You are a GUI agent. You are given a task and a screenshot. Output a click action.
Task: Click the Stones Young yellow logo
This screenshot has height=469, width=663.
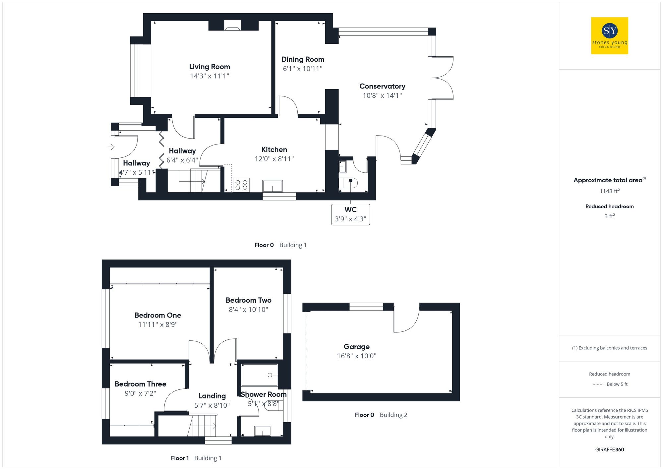609,36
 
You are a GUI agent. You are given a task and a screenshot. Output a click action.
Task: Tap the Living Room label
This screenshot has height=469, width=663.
210,67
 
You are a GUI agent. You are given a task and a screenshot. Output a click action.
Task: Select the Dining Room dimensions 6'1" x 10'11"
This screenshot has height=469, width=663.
302,69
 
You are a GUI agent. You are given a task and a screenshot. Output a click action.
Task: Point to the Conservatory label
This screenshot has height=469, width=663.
382,86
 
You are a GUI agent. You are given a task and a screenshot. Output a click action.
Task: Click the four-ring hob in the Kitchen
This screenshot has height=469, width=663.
241,185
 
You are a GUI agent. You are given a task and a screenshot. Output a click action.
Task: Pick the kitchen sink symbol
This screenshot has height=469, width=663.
272,186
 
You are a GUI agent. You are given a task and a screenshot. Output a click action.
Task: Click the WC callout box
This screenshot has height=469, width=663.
350,214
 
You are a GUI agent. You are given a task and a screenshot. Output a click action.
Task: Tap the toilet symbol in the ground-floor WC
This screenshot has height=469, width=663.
349,183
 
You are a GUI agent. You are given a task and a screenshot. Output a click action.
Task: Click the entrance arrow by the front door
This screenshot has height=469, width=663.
111,147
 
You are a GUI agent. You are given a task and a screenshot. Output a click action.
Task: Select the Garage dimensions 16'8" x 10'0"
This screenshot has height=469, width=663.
356,356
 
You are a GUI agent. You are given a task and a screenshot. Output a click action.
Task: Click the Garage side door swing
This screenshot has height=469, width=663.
406,320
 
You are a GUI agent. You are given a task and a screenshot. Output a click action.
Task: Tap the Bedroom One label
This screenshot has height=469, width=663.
158,315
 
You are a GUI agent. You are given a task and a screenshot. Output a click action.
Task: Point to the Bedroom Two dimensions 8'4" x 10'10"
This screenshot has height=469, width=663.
248,310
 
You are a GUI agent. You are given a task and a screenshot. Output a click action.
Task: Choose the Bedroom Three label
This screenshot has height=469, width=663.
140,384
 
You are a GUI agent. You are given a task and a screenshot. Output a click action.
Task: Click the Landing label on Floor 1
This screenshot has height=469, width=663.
212,396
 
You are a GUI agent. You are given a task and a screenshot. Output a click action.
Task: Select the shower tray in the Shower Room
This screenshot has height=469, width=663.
259,375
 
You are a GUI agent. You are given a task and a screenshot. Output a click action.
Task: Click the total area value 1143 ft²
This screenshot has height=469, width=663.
609,191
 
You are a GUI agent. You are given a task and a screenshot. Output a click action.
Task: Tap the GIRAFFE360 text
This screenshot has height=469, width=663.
609,449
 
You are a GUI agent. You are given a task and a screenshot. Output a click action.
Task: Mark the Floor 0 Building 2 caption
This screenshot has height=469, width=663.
381,415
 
